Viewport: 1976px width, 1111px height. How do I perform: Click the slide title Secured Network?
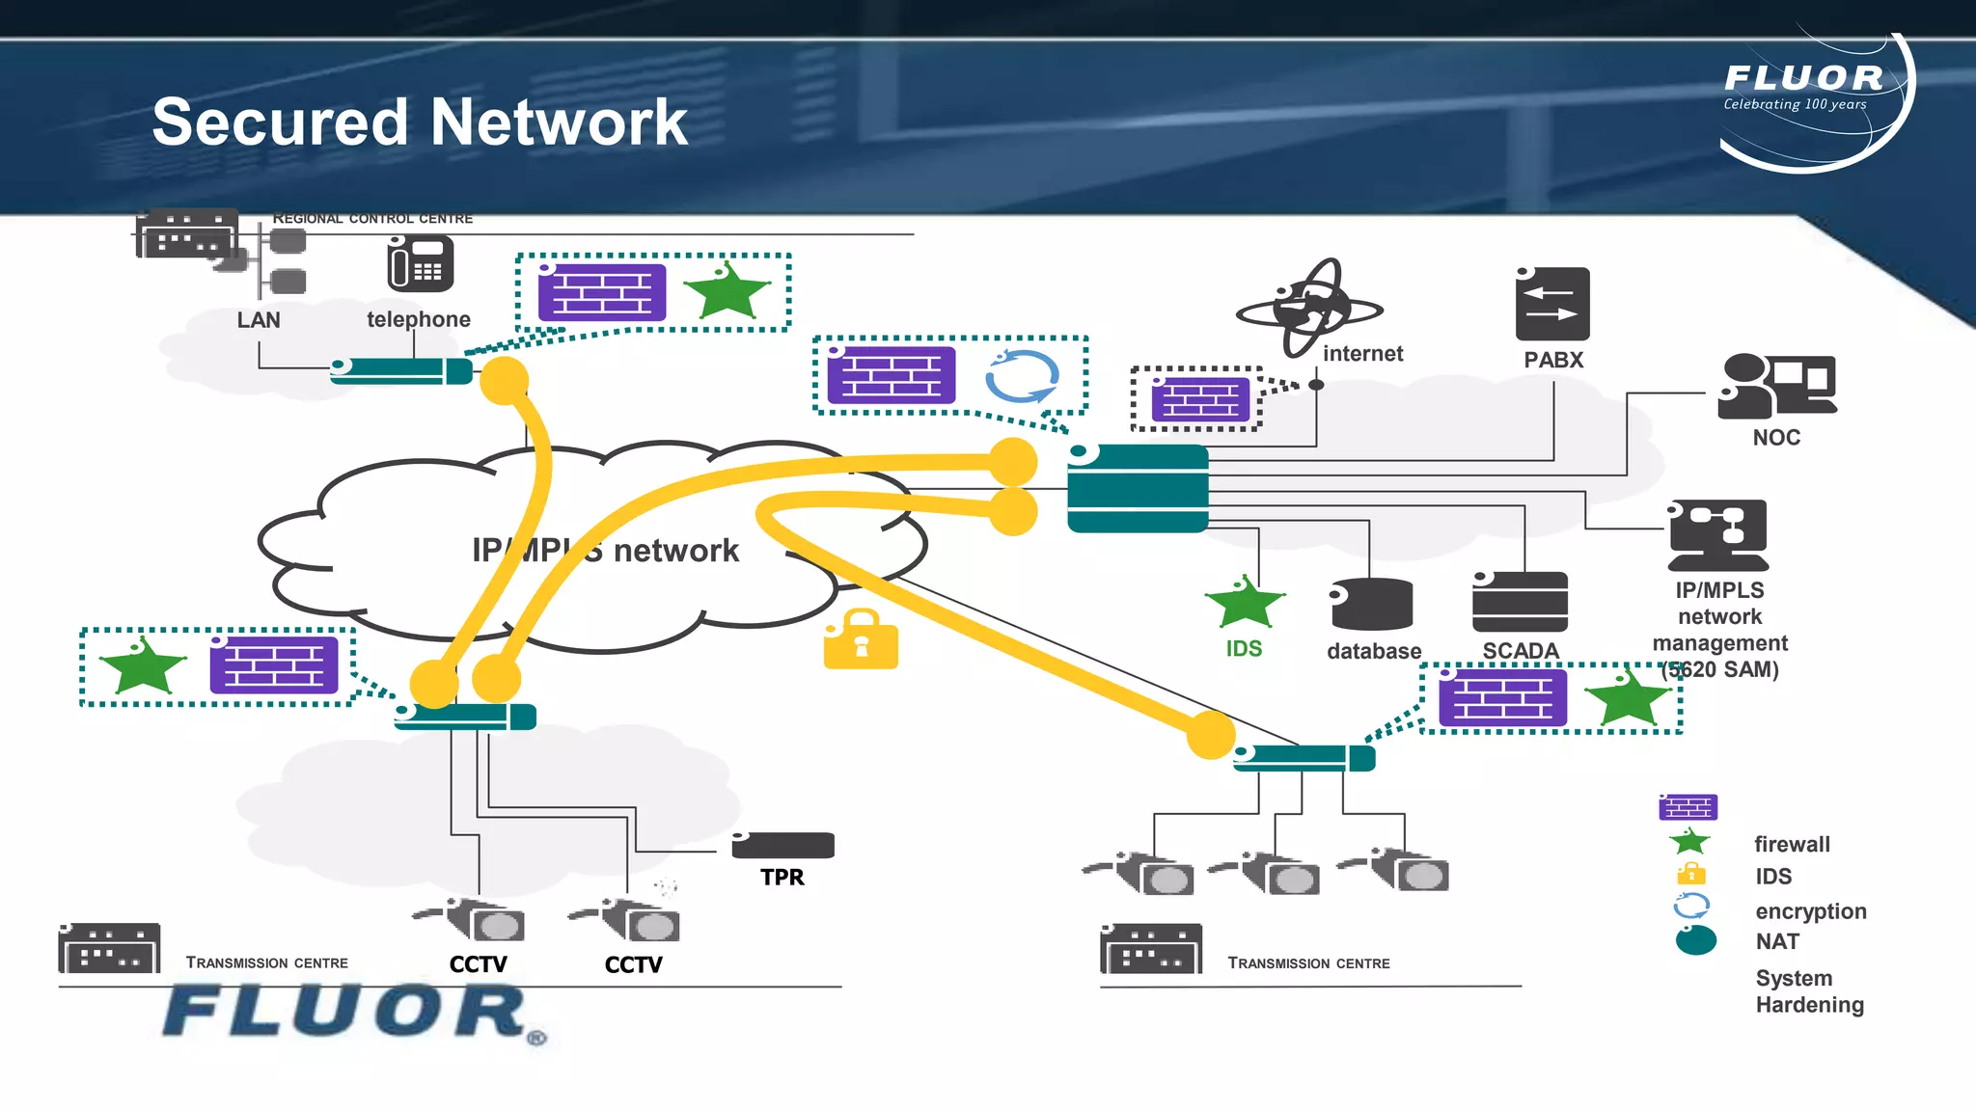click(x=420, y=122)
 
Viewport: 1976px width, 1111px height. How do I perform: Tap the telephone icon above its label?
click(x=420, y=264)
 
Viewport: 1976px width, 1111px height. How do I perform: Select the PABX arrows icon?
click(x=1552, y=304)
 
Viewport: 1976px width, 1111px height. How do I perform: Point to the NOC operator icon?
click(x=1775, y=386)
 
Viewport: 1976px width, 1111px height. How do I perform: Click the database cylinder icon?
click(x=1371, y=605)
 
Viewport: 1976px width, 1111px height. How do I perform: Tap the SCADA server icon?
click(x=1520, y=602)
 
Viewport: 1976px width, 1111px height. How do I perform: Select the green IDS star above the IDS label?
click(x=1245, y=603)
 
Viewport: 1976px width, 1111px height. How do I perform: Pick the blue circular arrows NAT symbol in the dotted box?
click(x=1022, y=377)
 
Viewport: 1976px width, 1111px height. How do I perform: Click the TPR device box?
click(x=782, y=845)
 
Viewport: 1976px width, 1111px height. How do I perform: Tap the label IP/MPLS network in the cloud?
click(x=605, y=551)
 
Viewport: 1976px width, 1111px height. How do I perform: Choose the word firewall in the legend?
click(x=1792, y=845)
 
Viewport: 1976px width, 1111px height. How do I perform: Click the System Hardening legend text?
click(x=1809, y=991)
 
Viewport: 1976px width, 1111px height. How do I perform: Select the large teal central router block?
click(x=1138, y=488)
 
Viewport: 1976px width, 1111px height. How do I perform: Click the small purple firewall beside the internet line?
click(x=1200, y=399)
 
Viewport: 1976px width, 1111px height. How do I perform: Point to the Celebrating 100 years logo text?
click(x=1795, y=104)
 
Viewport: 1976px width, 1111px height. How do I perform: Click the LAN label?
click(x=259, y=320)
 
